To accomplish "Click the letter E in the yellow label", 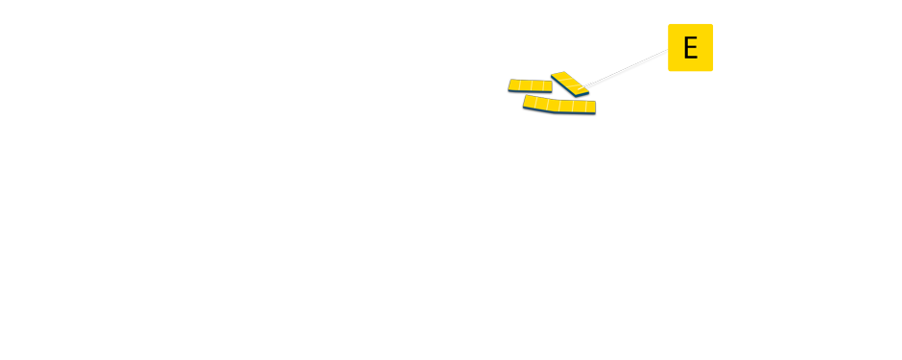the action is [x=690, y=47].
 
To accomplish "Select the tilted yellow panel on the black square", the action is [x=570, y=84].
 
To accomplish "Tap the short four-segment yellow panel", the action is [x=530, y=86].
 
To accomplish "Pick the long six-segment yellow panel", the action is [x=559, y=105].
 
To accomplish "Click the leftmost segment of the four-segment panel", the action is [x=514, y=85].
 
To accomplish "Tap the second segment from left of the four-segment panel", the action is [x=525, y=85].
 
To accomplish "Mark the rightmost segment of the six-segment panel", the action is [x=590, y=107].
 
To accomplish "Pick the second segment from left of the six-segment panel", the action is [x=541, y=103].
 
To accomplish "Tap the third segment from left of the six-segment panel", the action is [x=554, y=105].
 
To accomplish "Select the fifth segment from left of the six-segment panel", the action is [x=579, y=107].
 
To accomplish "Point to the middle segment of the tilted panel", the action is [x=569, y=84].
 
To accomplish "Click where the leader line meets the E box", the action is [x=668, y=52].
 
